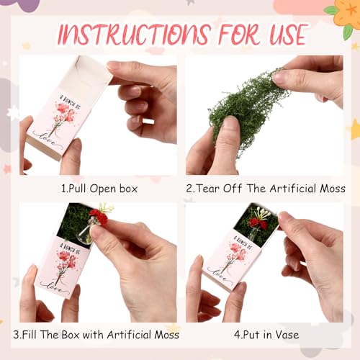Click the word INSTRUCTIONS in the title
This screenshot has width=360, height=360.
pos(128,34)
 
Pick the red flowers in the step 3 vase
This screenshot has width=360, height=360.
pos(98,215)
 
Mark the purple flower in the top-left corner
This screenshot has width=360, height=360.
pos(24,6)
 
